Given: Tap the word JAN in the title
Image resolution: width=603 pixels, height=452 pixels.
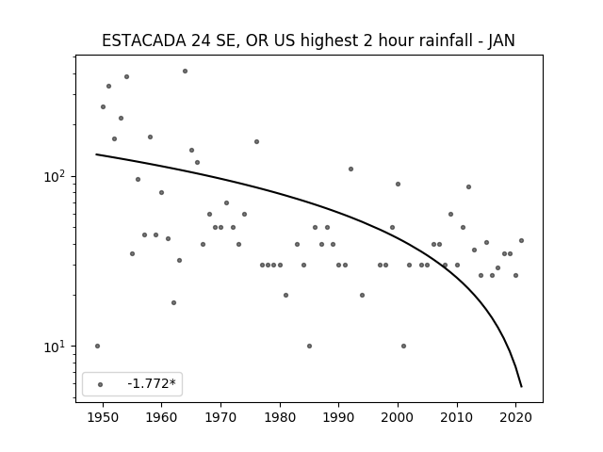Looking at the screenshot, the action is tap(501, 40).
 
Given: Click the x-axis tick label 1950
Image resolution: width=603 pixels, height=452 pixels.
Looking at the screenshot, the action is tap(103, 417).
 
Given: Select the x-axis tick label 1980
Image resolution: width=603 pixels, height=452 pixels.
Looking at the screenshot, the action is tap(280, 417).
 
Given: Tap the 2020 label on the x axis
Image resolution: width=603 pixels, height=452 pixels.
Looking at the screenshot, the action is tap(516, 417).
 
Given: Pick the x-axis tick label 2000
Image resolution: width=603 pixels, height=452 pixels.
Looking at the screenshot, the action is tap(398, 417).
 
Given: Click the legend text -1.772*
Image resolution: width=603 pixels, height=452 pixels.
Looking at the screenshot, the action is tap(152, 383).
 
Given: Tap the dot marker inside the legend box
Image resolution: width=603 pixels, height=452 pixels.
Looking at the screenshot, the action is tap(101, 384).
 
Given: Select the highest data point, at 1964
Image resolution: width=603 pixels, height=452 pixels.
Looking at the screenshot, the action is tap(185, 72).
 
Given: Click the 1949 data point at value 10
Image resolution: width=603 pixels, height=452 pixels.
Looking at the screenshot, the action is tap(97, 346).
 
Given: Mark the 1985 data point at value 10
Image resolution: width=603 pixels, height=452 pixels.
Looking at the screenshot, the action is tap(310, 346).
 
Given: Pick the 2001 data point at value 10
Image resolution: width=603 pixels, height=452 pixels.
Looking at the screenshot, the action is tap(404, 346).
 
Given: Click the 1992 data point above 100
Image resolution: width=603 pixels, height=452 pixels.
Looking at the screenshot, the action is tap(350, 169).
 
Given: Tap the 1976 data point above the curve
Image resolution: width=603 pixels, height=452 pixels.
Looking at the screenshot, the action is tap(256, 142).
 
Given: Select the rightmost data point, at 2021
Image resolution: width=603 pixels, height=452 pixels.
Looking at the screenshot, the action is tap(521, 241).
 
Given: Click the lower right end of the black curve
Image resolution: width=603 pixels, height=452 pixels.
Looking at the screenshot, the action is tap(521, 387).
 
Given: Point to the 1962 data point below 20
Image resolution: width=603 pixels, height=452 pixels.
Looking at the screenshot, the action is tap(173, 303).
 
